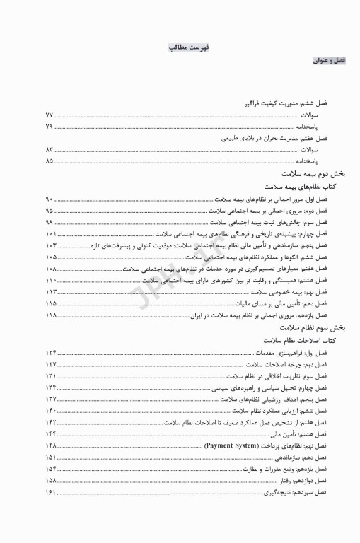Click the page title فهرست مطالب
(187, 47)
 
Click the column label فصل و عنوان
(329, 62)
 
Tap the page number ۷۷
(50, 115)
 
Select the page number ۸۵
(50, 161)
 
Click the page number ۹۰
(50, 200)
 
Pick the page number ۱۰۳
(51, 245)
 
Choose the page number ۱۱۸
(51, 315)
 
